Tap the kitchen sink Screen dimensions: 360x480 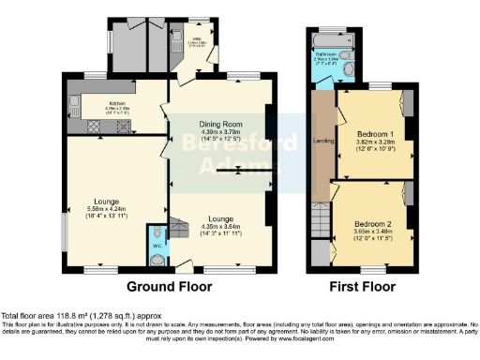coord(72,103)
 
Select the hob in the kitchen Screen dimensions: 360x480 coord(94,126)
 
